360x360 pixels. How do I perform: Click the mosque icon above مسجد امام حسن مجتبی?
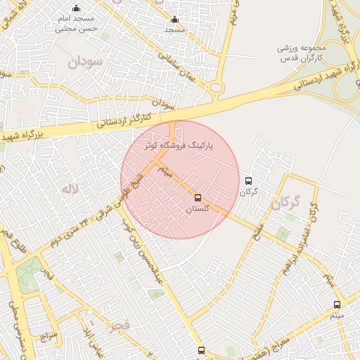pyautogui.click(x=76, y=8)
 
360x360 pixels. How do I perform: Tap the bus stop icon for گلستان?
pyautogui.click(x=198, y=198)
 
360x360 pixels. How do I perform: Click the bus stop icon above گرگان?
pyautogui.click(x=248, y=181)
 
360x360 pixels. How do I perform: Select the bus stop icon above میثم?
pyautogui.click(x=337, y=304)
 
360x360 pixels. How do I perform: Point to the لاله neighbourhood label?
pyautogui.click(x=68, y=188)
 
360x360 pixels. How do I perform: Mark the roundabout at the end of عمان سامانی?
pyautogui.click(x=216, y=88)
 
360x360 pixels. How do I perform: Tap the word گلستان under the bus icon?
pyautogui.click(x=198, y=210)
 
